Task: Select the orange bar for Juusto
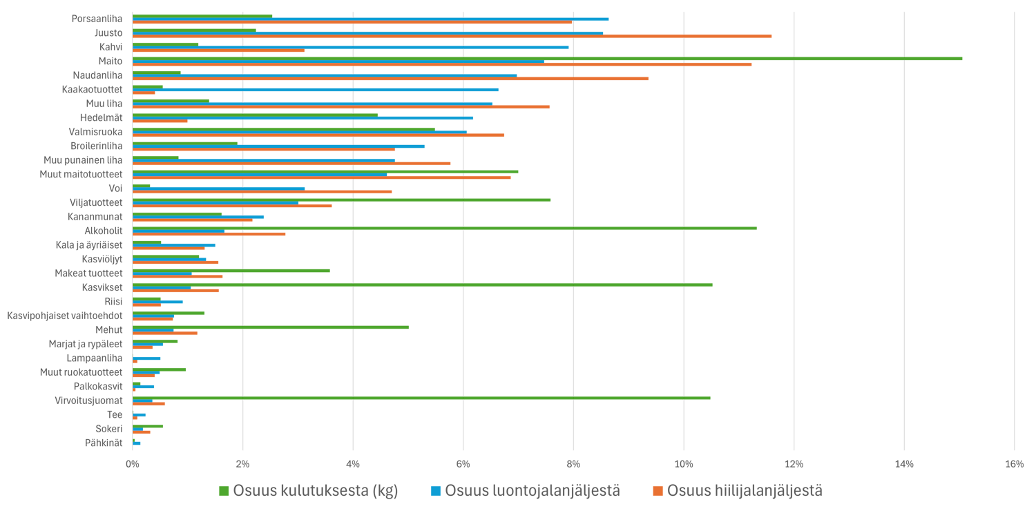pyautogui.click(x=452, y=36)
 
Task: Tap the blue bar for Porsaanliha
pyautogui.click(x=370, y=19)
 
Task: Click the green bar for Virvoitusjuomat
pyautogui.click(x=421, y=398)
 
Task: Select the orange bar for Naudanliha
pyautogui.click(x=390, y=79)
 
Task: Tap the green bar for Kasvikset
pyautogui.click(x=422, y=285)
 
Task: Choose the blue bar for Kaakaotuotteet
pyautogui.click(x=315, y=89)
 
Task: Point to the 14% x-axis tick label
pyautogui.click(x=904, y=464)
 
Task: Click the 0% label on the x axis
pyautogui.click(x=133, y=464)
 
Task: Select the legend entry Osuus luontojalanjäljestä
pyautogui.click(x=532, y=491)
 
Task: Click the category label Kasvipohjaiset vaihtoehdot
pyautogui.click(x=65, y=316)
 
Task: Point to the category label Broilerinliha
pyautogui.click(x=97, y=146)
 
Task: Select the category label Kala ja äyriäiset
pyautogui.click(x=89, y=245)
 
